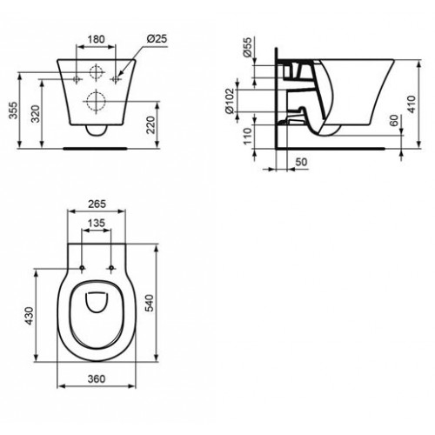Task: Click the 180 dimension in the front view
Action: pos(97,38)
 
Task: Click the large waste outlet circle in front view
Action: pos(97,104)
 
